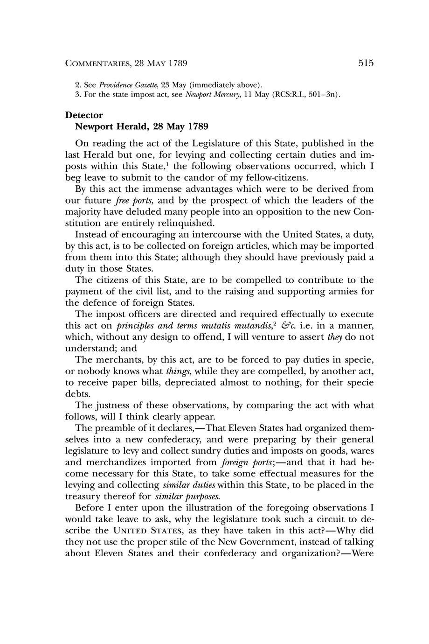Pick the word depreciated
click(x=191, y=383)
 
